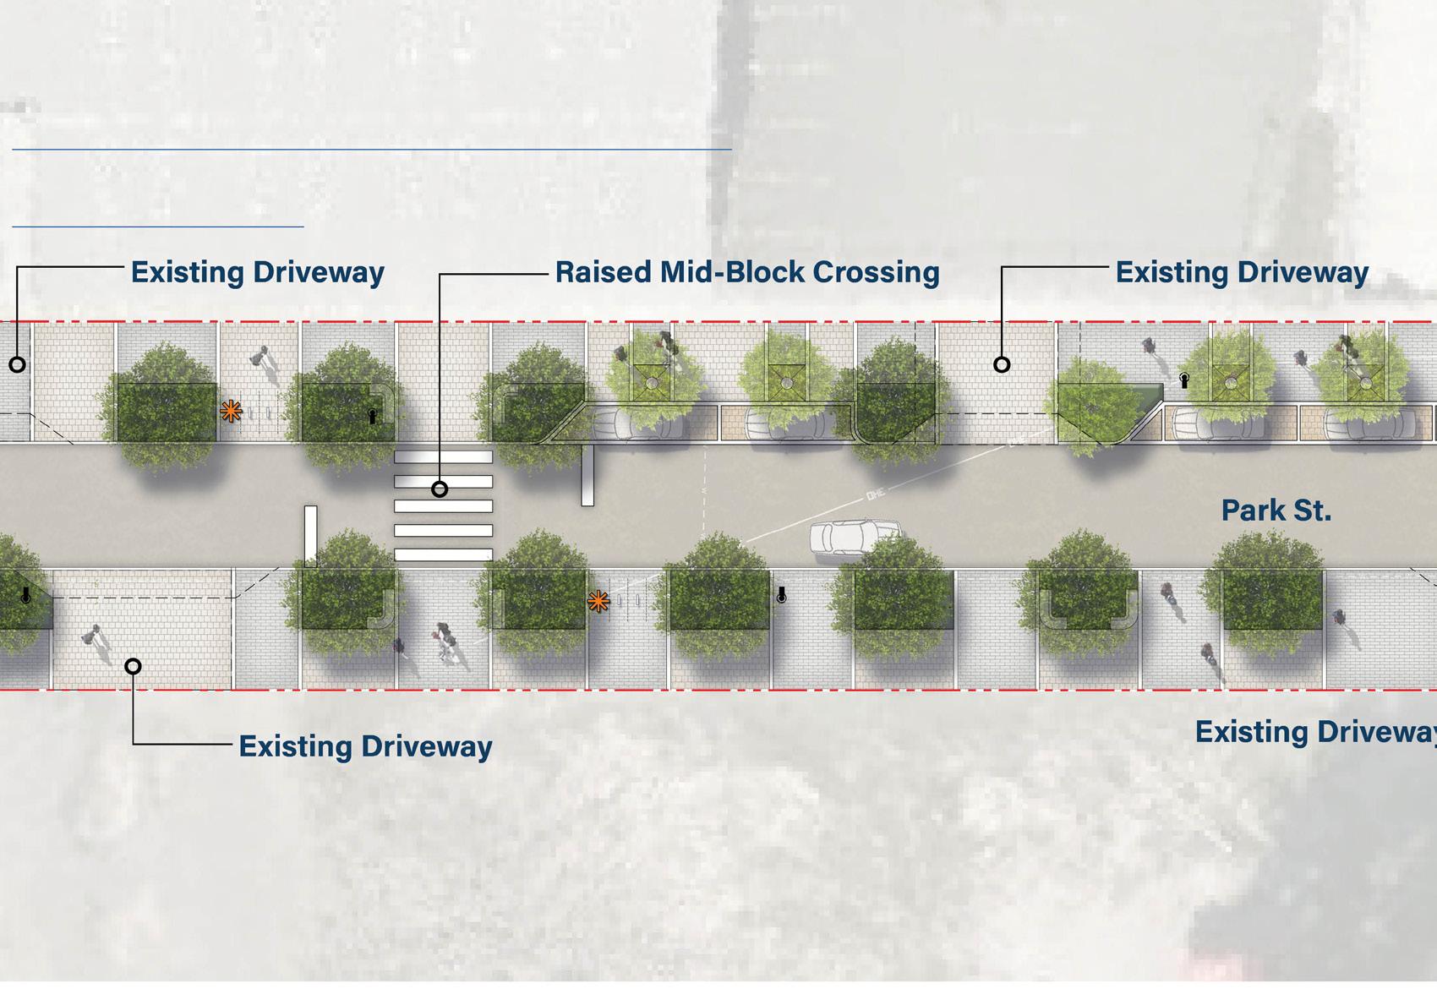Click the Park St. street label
pyautogui.click(x=1276, y=511)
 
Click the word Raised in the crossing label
pyautogui.click(x=604, y=272)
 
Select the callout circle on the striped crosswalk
pyautogui.click(x=440, y=489)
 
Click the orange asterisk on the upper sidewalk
pyautogui.click(x=231, y=412)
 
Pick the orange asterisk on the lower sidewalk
pyautogui.click(x=598, y=602)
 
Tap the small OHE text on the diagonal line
pyautogui.click(x=876, y=494)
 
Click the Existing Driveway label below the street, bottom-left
pyautogui.click(x=365, y=746)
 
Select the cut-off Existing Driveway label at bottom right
pyautogui.click(x=1315, y=732)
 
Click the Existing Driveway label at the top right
pyautogui.click(x=1242, y=272)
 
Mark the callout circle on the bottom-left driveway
pyautogui.click(x=133, y=666)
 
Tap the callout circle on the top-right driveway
pyautogui.click(x=1002, y=364)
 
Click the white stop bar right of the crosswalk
pyautogui.click(x=587, y=476)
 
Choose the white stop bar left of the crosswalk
pyautogui.click(x=311, y=534)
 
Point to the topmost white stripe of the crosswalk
pyautogui.click(x=443, y=456)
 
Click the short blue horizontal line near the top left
pyautogui.click(x=158, y=227)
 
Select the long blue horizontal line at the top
pyautogui.click(x=372, y=150)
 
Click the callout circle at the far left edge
pyautogui.click(x=17, y=364)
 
